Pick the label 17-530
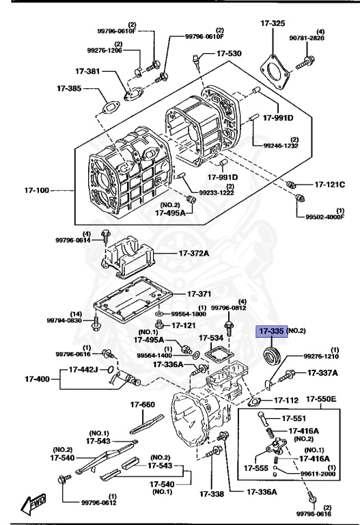pos(229,53)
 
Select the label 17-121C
pos(330,185)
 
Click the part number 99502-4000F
pos(325,218)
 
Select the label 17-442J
pos(81,370)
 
